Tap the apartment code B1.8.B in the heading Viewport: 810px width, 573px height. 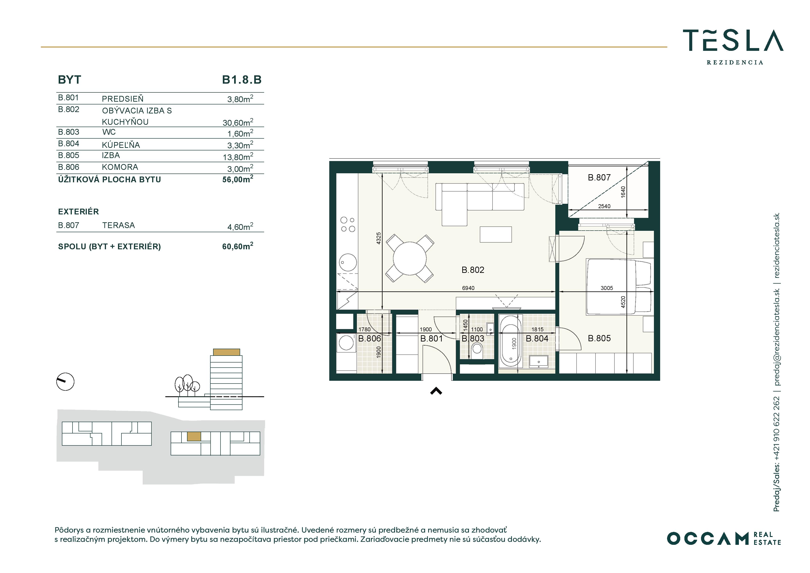[242, 80]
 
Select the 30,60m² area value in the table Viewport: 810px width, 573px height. [238, 122]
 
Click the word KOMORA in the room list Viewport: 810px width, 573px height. [120, 167]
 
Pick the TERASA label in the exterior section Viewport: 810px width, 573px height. [118, 225]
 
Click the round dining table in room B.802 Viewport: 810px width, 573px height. [410, 259]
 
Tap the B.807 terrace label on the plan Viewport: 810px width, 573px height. [599, 178]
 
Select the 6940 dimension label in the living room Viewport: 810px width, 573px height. [468, 288]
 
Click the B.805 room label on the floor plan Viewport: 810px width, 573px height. [599, 338]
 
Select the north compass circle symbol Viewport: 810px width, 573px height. [65, 382]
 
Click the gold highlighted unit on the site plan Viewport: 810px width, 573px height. [194, 436]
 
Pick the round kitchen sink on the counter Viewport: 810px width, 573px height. [348, 262]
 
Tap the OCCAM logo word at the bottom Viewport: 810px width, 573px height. [707, 538]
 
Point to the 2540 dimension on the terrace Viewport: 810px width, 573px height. [604, 206]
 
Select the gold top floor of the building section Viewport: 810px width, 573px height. [227, 352]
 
